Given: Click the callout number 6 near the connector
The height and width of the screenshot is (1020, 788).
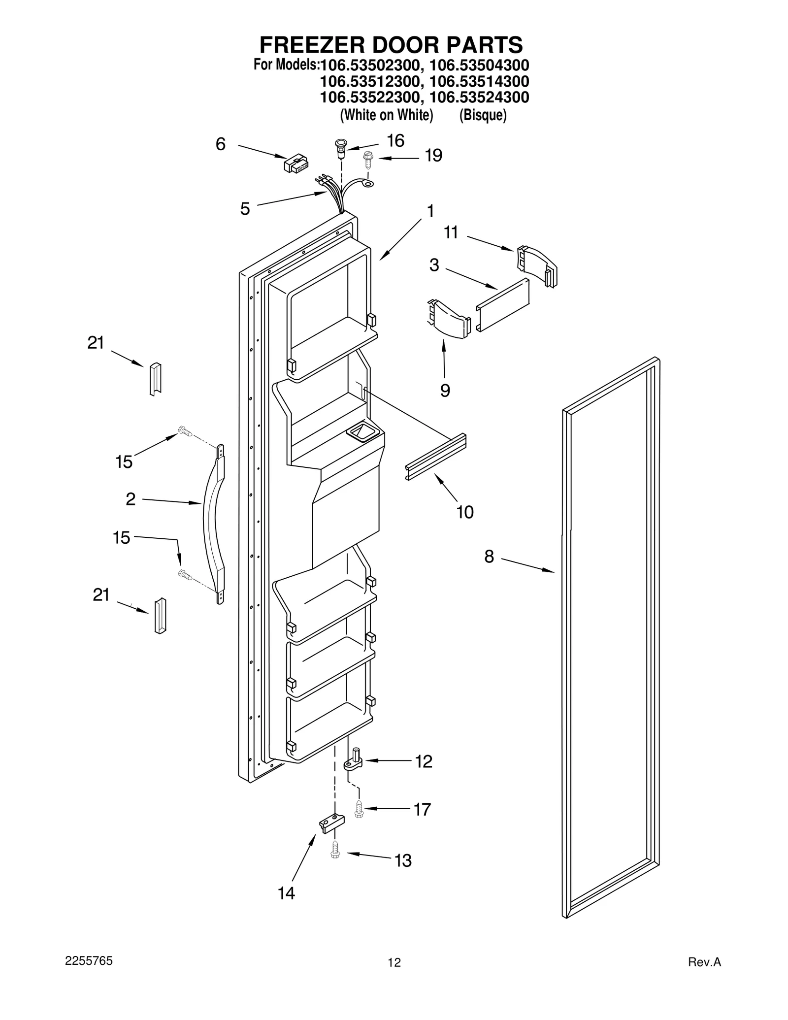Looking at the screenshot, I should click(x=221, y=144).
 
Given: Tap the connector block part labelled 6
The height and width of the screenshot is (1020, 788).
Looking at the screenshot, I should click(x=296, y=164).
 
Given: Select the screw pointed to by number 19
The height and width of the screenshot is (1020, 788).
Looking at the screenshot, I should click(x=367, y=159).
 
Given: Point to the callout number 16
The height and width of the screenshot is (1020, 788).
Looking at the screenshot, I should click(x=395, y=141).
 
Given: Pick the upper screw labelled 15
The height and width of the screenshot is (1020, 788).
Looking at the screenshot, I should click(x=184, y=431).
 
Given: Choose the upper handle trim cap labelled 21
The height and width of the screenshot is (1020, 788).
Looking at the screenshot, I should click(x=155, y=378).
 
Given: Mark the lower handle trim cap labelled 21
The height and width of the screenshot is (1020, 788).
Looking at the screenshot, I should click(x=161, y=615).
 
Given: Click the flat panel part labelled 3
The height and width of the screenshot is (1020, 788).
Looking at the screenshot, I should click(x=502, y=304).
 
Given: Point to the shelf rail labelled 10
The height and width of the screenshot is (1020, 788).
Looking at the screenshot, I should click(x=436, y=457).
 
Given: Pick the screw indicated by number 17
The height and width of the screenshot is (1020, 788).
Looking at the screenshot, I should click(x=359, y=809).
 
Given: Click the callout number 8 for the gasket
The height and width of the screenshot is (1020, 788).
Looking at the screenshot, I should click(x=489, y=557).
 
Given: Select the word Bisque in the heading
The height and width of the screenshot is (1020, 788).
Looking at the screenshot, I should click(x=482, y=116).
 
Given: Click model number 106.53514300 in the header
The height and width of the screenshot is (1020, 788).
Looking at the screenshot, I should click(x=479, y=81).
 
